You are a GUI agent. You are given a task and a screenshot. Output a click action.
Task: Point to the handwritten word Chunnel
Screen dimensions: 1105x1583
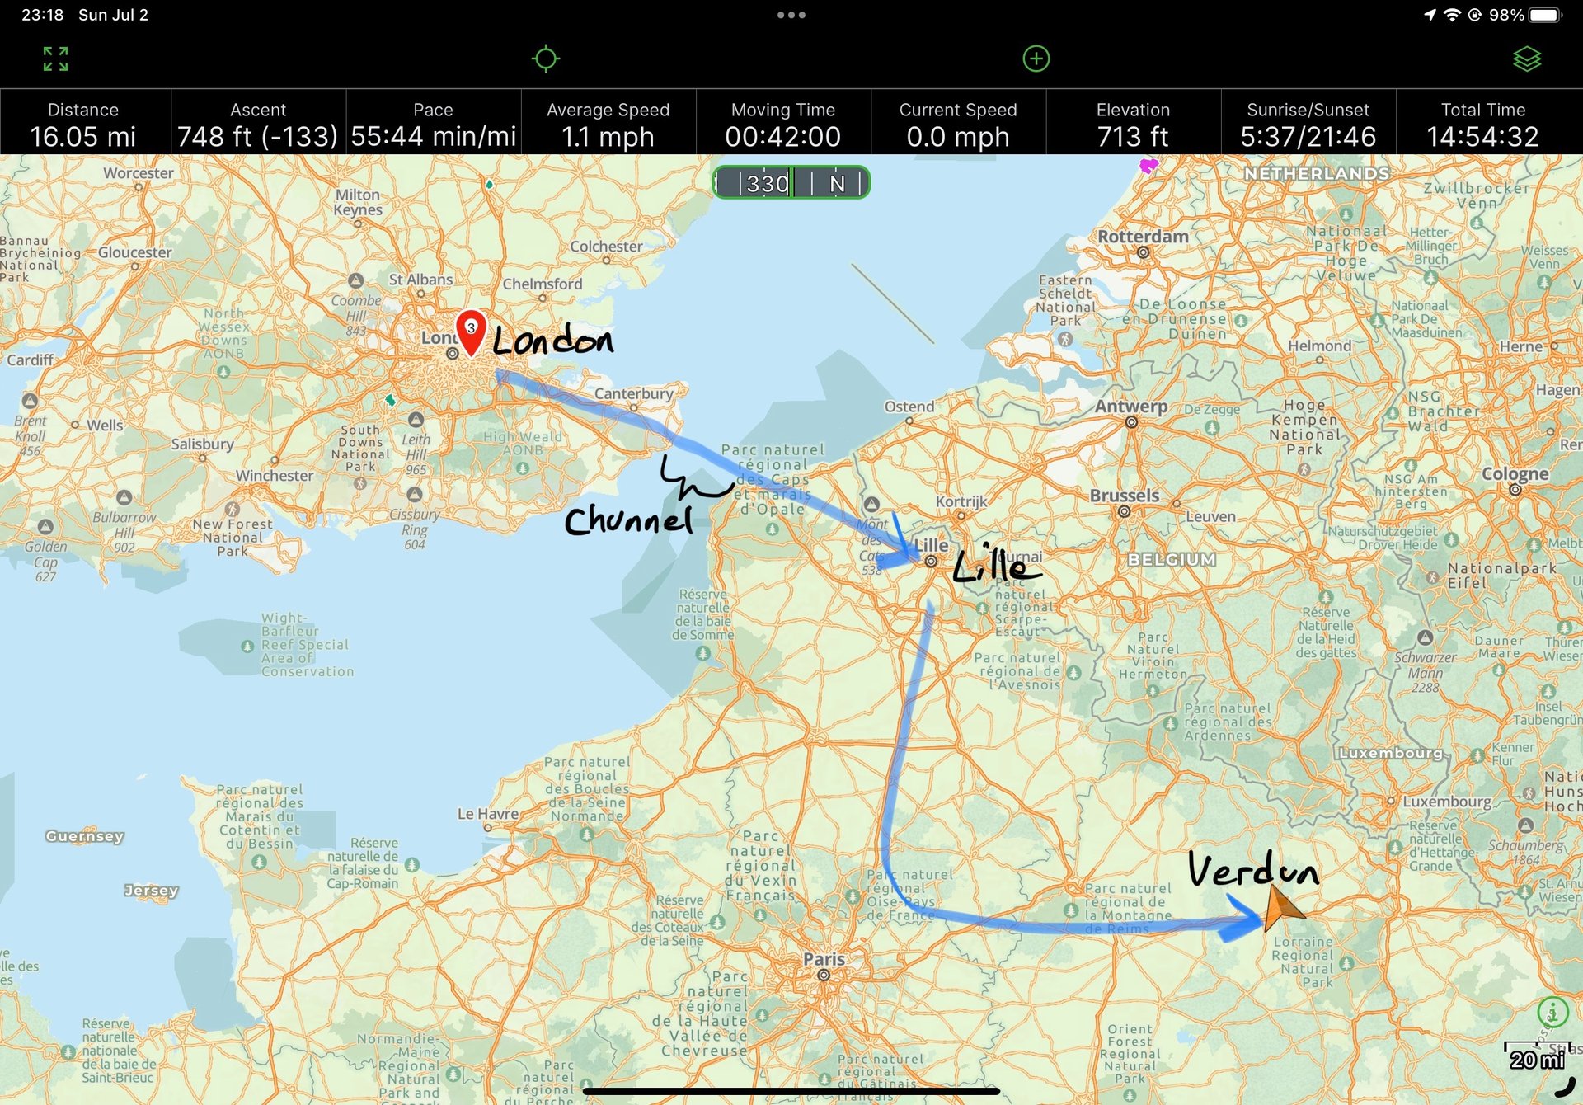pos(628,520)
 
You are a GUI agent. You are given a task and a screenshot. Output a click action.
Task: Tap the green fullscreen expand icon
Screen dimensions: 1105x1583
pos(55,59)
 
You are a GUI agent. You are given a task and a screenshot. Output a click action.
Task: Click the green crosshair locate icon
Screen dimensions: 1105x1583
pos(545,59)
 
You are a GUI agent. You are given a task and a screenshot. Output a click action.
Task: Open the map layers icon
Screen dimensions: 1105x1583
pos(1527,59)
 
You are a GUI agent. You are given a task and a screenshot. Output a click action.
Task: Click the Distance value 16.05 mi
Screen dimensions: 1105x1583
pos(83,137)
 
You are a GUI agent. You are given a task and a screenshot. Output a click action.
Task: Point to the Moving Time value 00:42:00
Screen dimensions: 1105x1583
pos(782,137)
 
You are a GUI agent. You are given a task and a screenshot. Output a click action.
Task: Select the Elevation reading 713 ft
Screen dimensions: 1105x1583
pos(1133,137)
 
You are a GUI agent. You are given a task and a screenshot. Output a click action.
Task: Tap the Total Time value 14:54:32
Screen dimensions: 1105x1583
pos(1482,137)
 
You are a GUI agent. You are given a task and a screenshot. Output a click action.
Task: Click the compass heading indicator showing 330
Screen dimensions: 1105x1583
pos(791,182)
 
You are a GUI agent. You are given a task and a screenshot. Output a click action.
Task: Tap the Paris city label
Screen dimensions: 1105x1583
pos(824,959)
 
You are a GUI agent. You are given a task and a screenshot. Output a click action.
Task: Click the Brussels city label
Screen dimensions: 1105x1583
pos(1124,496)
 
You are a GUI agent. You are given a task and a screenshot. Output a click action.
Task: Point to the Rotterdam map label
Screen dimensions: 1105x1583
pos(1143,237)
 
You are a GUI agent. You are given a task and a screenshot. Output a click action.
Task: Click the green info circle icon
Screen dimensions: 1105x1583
pos(1552,1011)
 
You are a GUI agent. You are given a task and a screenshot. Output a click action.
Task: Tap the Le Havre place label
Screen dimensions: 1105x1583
pos(488,814)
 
